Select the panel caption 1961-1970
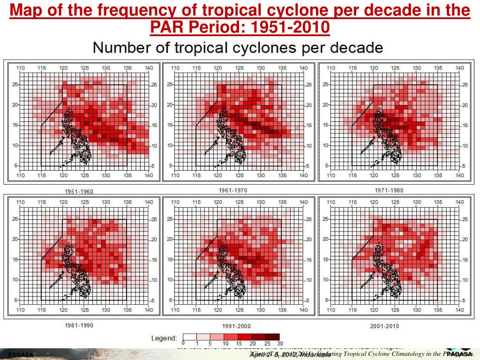pos(233,190)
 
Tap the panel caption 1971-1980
pos(389,190)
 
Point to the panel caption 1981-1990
pos(78,325)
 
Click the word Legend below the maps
pos(164,337)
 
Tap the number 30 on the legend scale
pos(280,344)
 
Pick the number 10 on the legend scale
pos(225,344)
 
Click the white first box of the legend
pos(189,337)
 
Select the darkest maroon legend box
pos(273,337)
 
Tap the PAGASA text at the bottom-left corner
pos(21,355)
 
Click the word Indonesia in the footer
pos(312,355)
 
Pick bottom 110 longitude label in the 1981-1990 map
pos(20,310)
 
